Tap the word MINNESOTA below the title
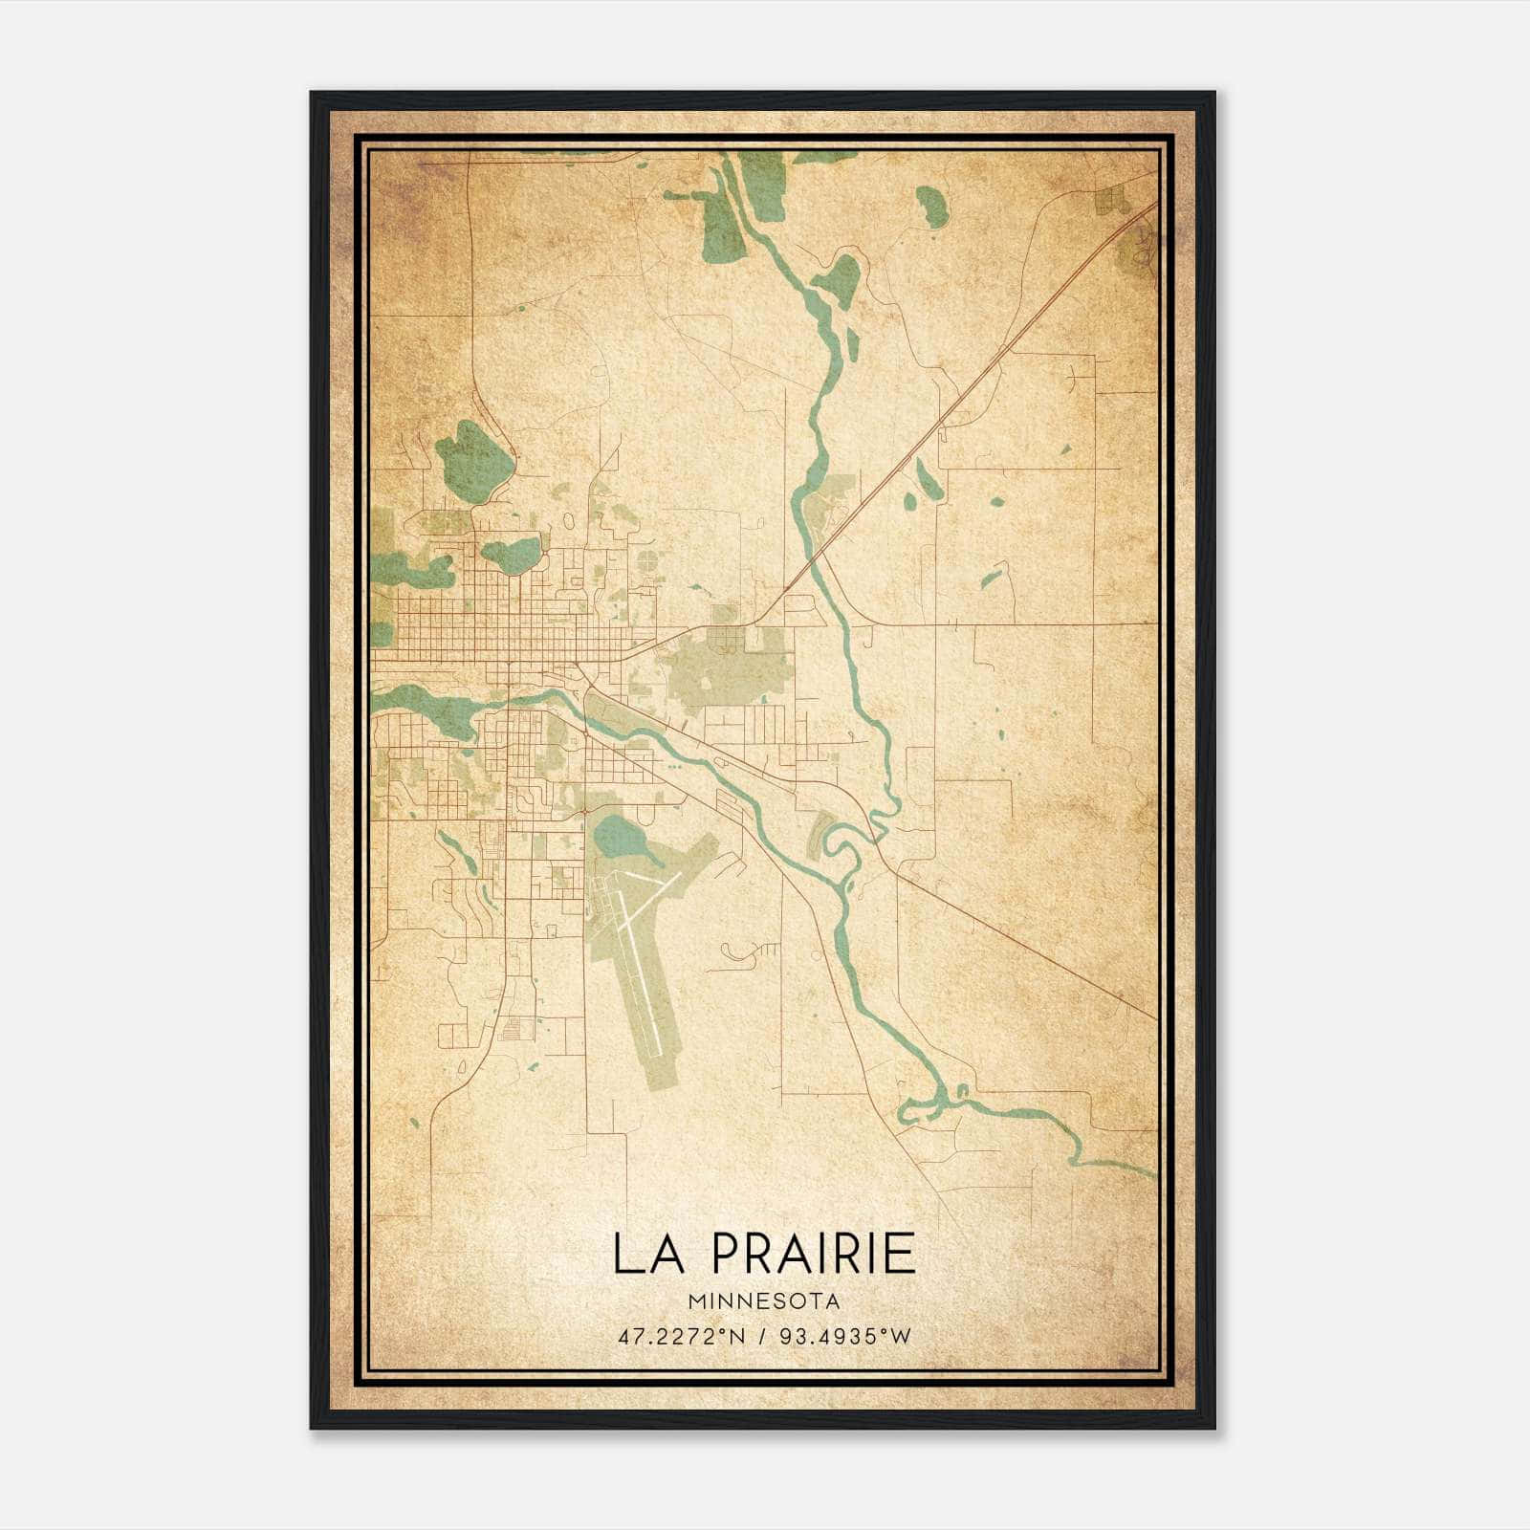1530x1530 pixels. pos(763,1301)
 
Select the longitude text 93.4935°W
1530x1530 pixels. pos(845,1336)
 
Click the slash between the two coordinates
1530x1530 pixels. pos(762,1336)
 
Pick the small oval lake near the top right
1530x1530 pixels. pos(932,207)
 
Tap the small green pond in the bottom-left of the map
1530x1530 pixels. pos(413,1122)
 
